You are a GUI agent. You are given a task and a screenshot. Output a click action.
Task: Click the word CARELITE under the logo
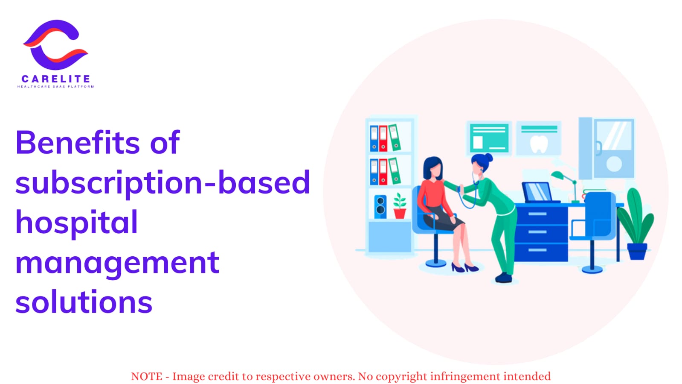tap(56, 79)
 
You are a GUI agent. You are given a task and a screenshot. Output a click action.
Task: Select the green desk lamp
tap(566, 186)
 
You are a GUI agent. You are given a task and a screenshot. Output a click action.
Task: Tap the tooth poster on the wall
tap(539, 138)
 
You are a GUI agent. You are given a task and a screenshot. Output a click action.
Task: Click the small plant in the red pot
tap(400, 206)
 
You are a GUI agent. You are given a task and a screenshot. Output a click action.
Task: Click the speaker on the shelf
tap(380, 206)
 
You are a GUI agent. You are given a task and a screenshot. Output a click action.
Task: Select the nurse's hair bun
tap(488, 157)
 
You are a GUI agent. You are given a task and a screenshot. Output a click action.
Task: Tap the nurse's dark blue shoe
tap(504, 278)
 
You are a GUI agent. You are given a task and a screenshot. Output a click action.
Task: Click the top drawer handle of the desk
tap(537, 214)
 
